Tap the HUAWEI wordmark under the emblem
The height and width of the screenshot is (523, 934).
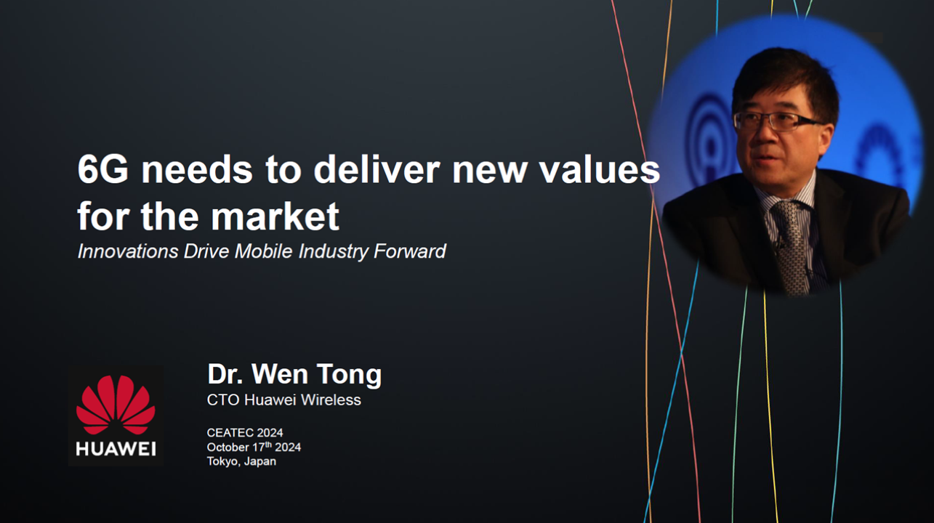pyautogui.click(x=116, y=449)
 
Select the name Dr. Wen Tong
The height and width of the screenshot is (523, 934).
pyautogui.click(x=294, y=375)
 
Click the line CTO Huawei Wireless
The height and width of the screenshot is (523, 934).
pyautogui.click(x=283, y=400)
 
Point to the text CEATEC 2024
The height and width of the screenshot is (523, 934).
pyautogui.click(x=245, y=433)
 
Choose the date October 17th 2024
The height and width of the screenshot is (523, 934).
pyautogui.click(x=254, y=447)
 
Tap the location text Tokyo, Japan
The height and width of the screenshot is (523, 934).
pyautogui.click(x=241, y=461)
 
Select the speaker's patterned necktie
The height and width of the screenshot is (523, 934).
pyautogui.click(x=792, y=243)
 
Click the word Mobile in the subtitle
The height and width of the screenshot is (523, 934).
pyautogui.click(x=259, y=252)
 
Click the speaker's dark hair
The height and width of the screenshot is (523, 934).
pyautogui.click(x=781, y=76)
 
